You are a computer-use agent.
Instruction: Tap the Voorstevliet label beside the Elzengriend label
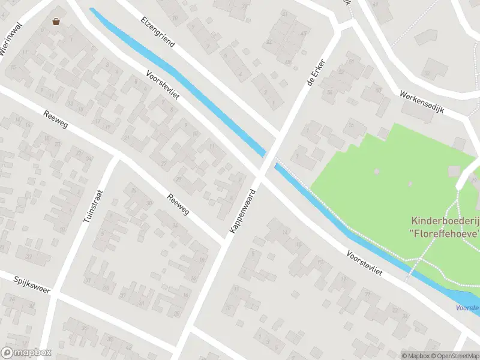click(163, 91)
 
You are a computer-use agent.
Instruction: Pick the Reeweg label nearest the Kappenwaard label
click(178, 205)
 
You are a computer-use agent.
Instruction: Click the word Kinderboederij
click(445, 220)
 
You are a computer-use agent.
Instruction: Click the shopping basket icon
click(56, 22)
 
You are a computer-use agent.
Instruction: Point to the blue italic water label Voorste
click(467, 308)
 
